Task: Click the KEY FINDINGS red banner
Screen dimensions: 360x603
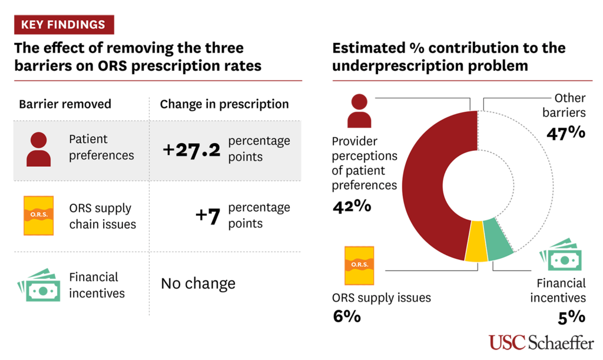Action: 64,25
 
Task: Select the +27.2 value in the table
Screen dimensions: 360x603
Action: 191,150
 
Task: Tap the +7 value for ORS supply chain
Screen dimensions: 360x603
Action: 207,216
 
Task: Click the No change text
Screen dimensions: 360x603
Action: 198,283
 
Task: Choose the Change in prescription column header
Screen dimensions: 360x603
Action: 224,104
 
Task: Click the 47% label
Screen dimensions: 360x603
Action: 565,132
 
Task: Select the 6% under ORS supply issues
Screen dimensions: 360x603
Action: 346,316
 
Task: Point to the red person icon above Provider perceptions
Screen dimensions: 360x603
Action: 359,113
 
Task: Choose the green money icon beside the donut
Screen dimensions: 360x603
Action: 561,255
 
